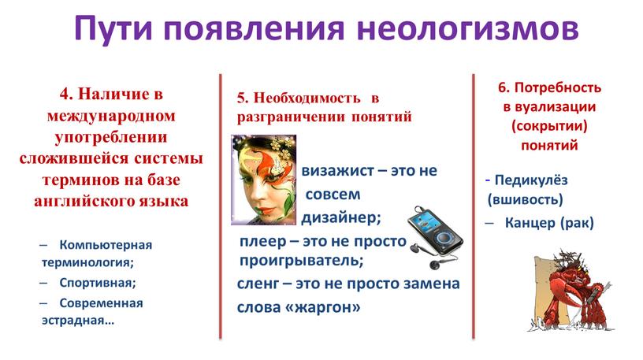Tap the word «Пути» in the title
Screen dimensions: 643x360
pyautogui.click(x=113, y=29)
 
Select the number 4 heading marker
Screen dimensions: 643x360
pyautogui.click(x=66, y=94)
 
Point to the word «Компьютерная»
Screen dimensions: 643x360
pyautogui.click(x=106, y=245)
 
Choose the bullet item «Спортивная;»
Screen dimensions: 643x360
pyautogui.click(x=98, y=283)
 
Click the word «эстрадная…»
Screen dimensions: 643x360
pyautogui.click(x=78, y=321)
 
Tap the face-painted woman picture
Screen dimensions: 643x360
pyautogui.click(x=264, y=180)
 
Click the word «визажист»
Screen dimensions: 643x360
pyautogui.click(x=338, y=171)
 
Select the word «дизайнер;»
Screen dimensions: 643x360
pyautogui.click(x=341, y=217)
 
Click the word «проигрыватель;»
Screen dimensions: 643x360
pyautogui.click(x=301, y=261)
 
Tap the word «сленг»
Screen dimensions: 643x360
pyautogui.click(x=258, y=284)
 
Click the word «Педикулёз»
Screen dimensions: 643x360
pyautogui.click(x=531, y=180)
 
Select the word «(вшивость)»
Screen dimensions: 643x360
pyautogui.click(x=526, y=199)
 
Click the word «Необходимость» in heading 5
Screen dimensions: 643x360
pyautogui.click(x=307, y=98)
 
